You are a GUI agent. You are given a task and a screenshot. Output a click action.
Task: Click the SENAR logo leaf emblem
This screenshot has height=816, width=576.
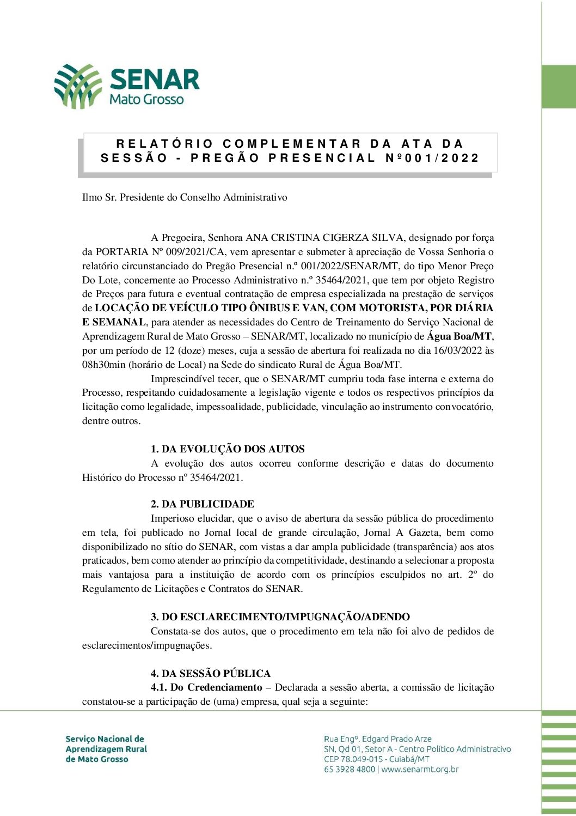click(78, 86)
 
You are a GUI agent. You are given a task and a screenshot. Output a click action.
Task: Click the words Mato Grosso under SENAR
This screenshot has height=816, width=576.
click(146, 100)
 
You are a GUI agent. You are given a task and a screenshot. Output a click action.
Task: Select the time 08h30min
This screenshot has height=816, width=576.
click(104, 365)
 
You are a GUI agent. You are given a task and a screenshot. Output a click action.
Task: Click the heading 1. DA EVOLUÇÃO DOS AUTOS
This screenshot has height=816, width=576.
click(228, 449)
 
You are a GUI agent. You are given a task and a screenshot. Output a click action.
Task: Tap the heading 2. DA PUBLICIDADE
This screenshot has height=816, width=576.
click(203, 504)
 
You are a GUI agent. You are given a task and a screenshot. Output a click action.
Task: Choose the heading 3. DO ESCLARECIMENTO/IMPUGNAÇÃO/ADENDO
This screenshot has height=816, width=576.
click(280, 617)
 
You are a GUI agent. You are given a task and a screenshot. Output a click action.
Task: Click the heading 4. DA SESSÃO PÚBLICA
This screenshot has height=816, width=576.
click(211, 674)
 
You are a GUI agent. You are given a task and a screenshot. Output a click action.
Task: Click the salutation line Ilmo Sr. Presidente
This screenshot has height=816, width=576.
click(185, 197)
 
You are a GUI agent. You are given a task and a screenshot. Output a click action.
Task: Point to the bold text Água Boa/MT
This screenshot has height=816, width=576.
click(460, 336)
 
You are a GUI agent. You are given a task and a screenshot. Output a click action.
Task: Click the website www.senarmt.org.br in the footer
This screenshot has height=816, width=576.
click(420, 770)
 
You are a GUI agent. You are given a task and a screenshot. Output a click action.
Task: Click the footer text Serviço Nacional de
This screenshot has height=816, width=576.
click(105, 739)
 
